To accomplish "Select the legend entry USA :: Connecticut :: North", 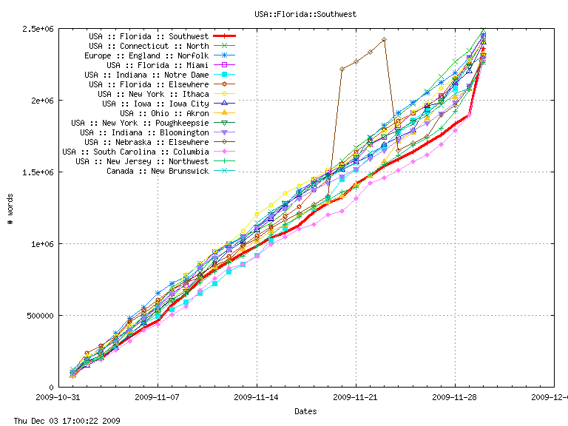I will tap(149, 46).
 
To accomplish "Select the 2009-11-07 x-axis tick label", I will tap(158, 396).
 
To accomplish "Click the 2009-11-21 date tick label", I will tap(356, 396).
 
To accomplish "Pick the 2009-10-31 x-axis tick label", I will tap(58, 396).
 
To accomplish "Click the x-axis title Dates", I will tap(306, 410).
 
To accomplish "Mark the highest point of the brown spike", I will tap(384, 39).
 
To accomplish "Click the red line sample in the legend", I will tap(224, 36).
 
